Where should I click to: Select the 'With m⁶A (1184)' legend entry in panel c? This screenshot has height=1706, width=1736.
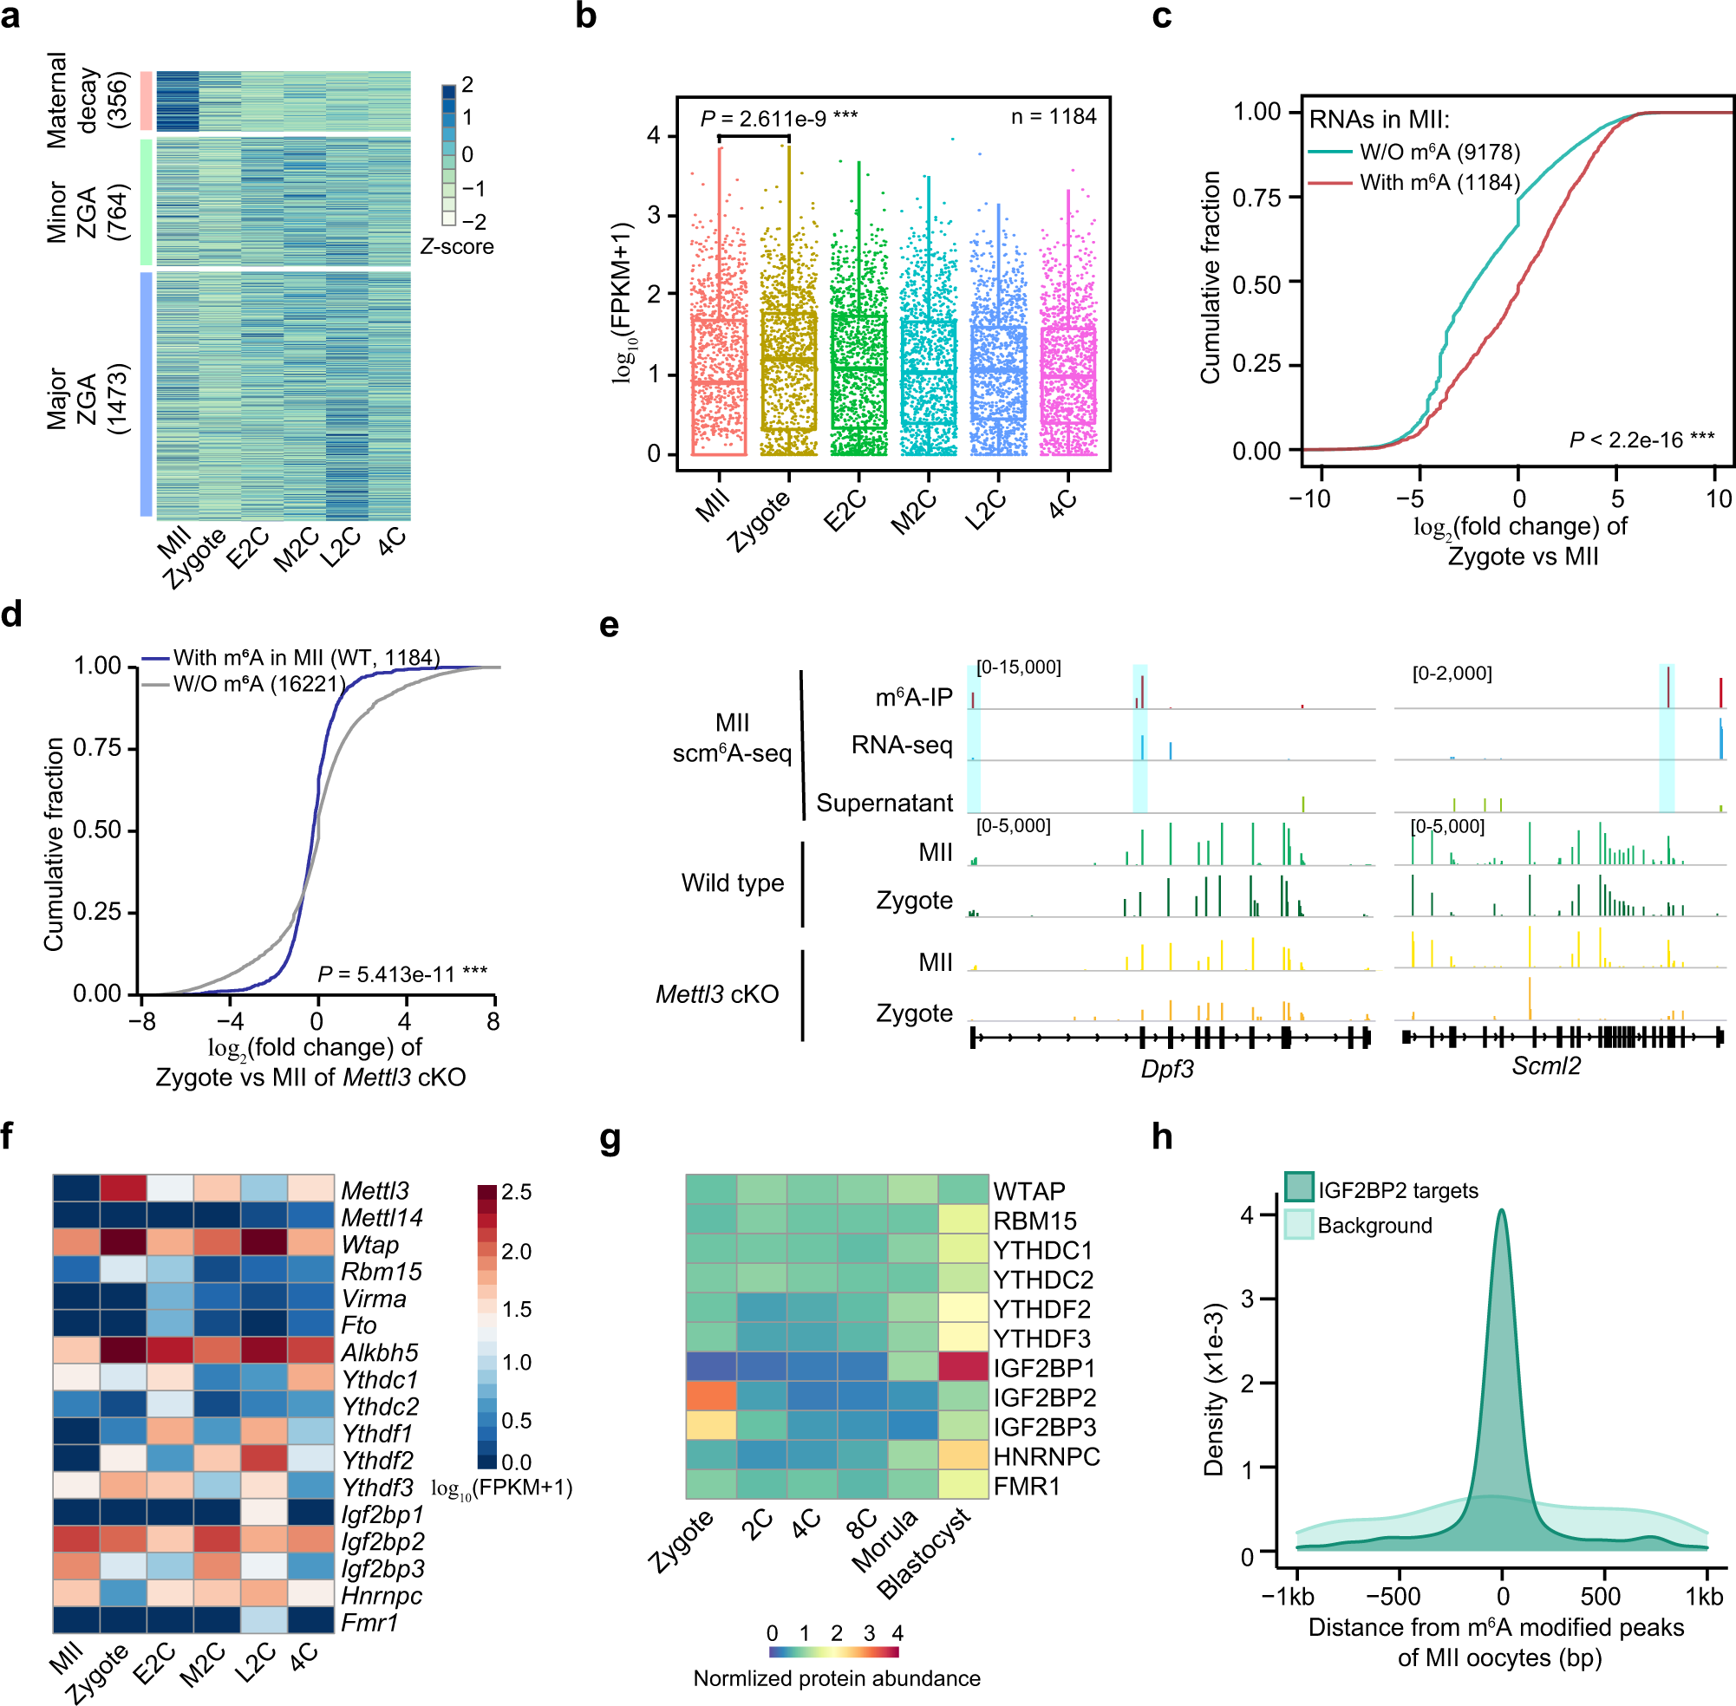[x=1439, y=183]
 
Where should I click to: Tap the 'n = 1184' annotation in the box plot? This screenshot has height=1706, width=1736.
[x=1053, y=116]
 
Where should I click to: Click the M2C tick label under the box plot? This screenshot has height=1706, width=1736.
[x=913, y=513]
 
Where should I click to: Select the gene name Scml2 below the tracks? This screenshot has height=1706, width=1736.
[x=1546, y=1066]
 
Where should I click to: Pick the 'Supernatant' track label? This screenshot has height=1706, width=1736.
[x=884, y=803]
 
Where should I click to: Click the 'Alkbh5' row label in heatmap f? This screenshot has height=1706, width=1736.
[x=379, y=1352]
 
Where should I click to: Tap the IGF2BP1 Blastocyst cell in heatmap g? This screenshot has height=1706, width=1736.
[x=963, y=1367]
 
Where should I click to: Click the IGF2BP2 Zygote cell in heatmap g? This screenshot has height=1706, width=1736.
[x=711, y=1397]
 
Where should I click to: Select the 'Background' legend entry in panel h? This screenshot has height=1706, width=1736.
[x=1374, y=1225]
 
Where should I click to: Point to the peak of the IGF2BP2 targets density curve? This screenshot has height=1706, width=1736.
[x=1501, y=1210]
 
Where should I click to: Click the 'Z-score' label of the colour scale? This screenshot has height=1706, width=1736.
[x=456, y=246]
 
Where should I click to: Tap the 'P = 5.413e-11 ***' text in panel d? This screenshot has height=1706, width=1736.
[x=402, y=974]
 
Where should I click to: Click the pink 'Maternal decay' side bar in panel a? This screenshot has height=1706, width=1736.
[x=146, y=101]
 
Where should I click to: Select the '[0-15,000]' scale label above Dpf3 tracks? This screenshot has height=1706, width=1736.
[x=1018, y=667]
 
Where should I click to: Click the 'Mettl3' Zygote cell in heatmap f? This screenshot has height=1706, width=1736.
[x=124, y=1189]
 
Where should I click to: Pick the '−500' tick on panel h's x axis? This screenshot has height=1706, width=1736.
[x=1393, y=1596]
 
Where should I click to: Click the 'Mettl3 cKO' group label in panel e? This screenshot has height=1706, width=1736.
[x=717, y=993]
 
